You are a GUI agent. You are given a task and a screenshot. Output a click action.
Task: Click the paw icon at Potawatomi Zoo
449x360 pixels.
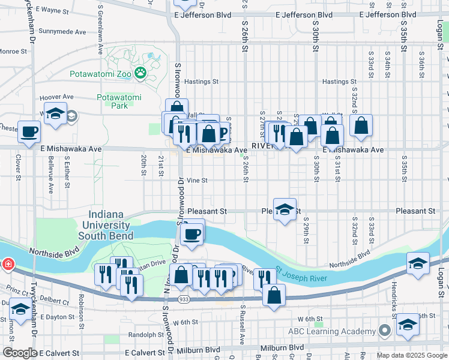140,73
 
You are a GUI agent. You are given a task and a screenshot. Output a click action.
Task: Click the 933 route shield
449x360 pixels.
183,298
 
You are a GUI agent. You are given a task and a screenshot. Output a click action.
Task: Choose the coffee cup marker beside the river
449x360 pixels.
192,234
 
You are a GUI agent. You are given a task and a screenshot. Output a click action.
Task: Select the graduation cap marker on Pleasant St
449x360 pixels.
285,209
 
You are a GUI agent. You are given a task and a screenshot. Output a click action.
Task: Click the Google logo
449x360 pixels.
20,353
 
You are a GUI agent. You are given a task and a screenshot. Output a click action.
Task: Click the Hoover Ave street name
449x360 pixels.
56,97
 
